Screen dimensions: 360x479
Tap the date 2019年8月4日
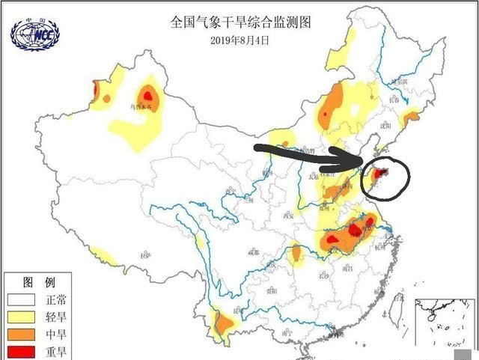239,40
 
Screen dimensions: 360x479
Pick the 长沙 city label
324,275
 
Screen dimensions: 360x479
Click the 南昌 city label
349,267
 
